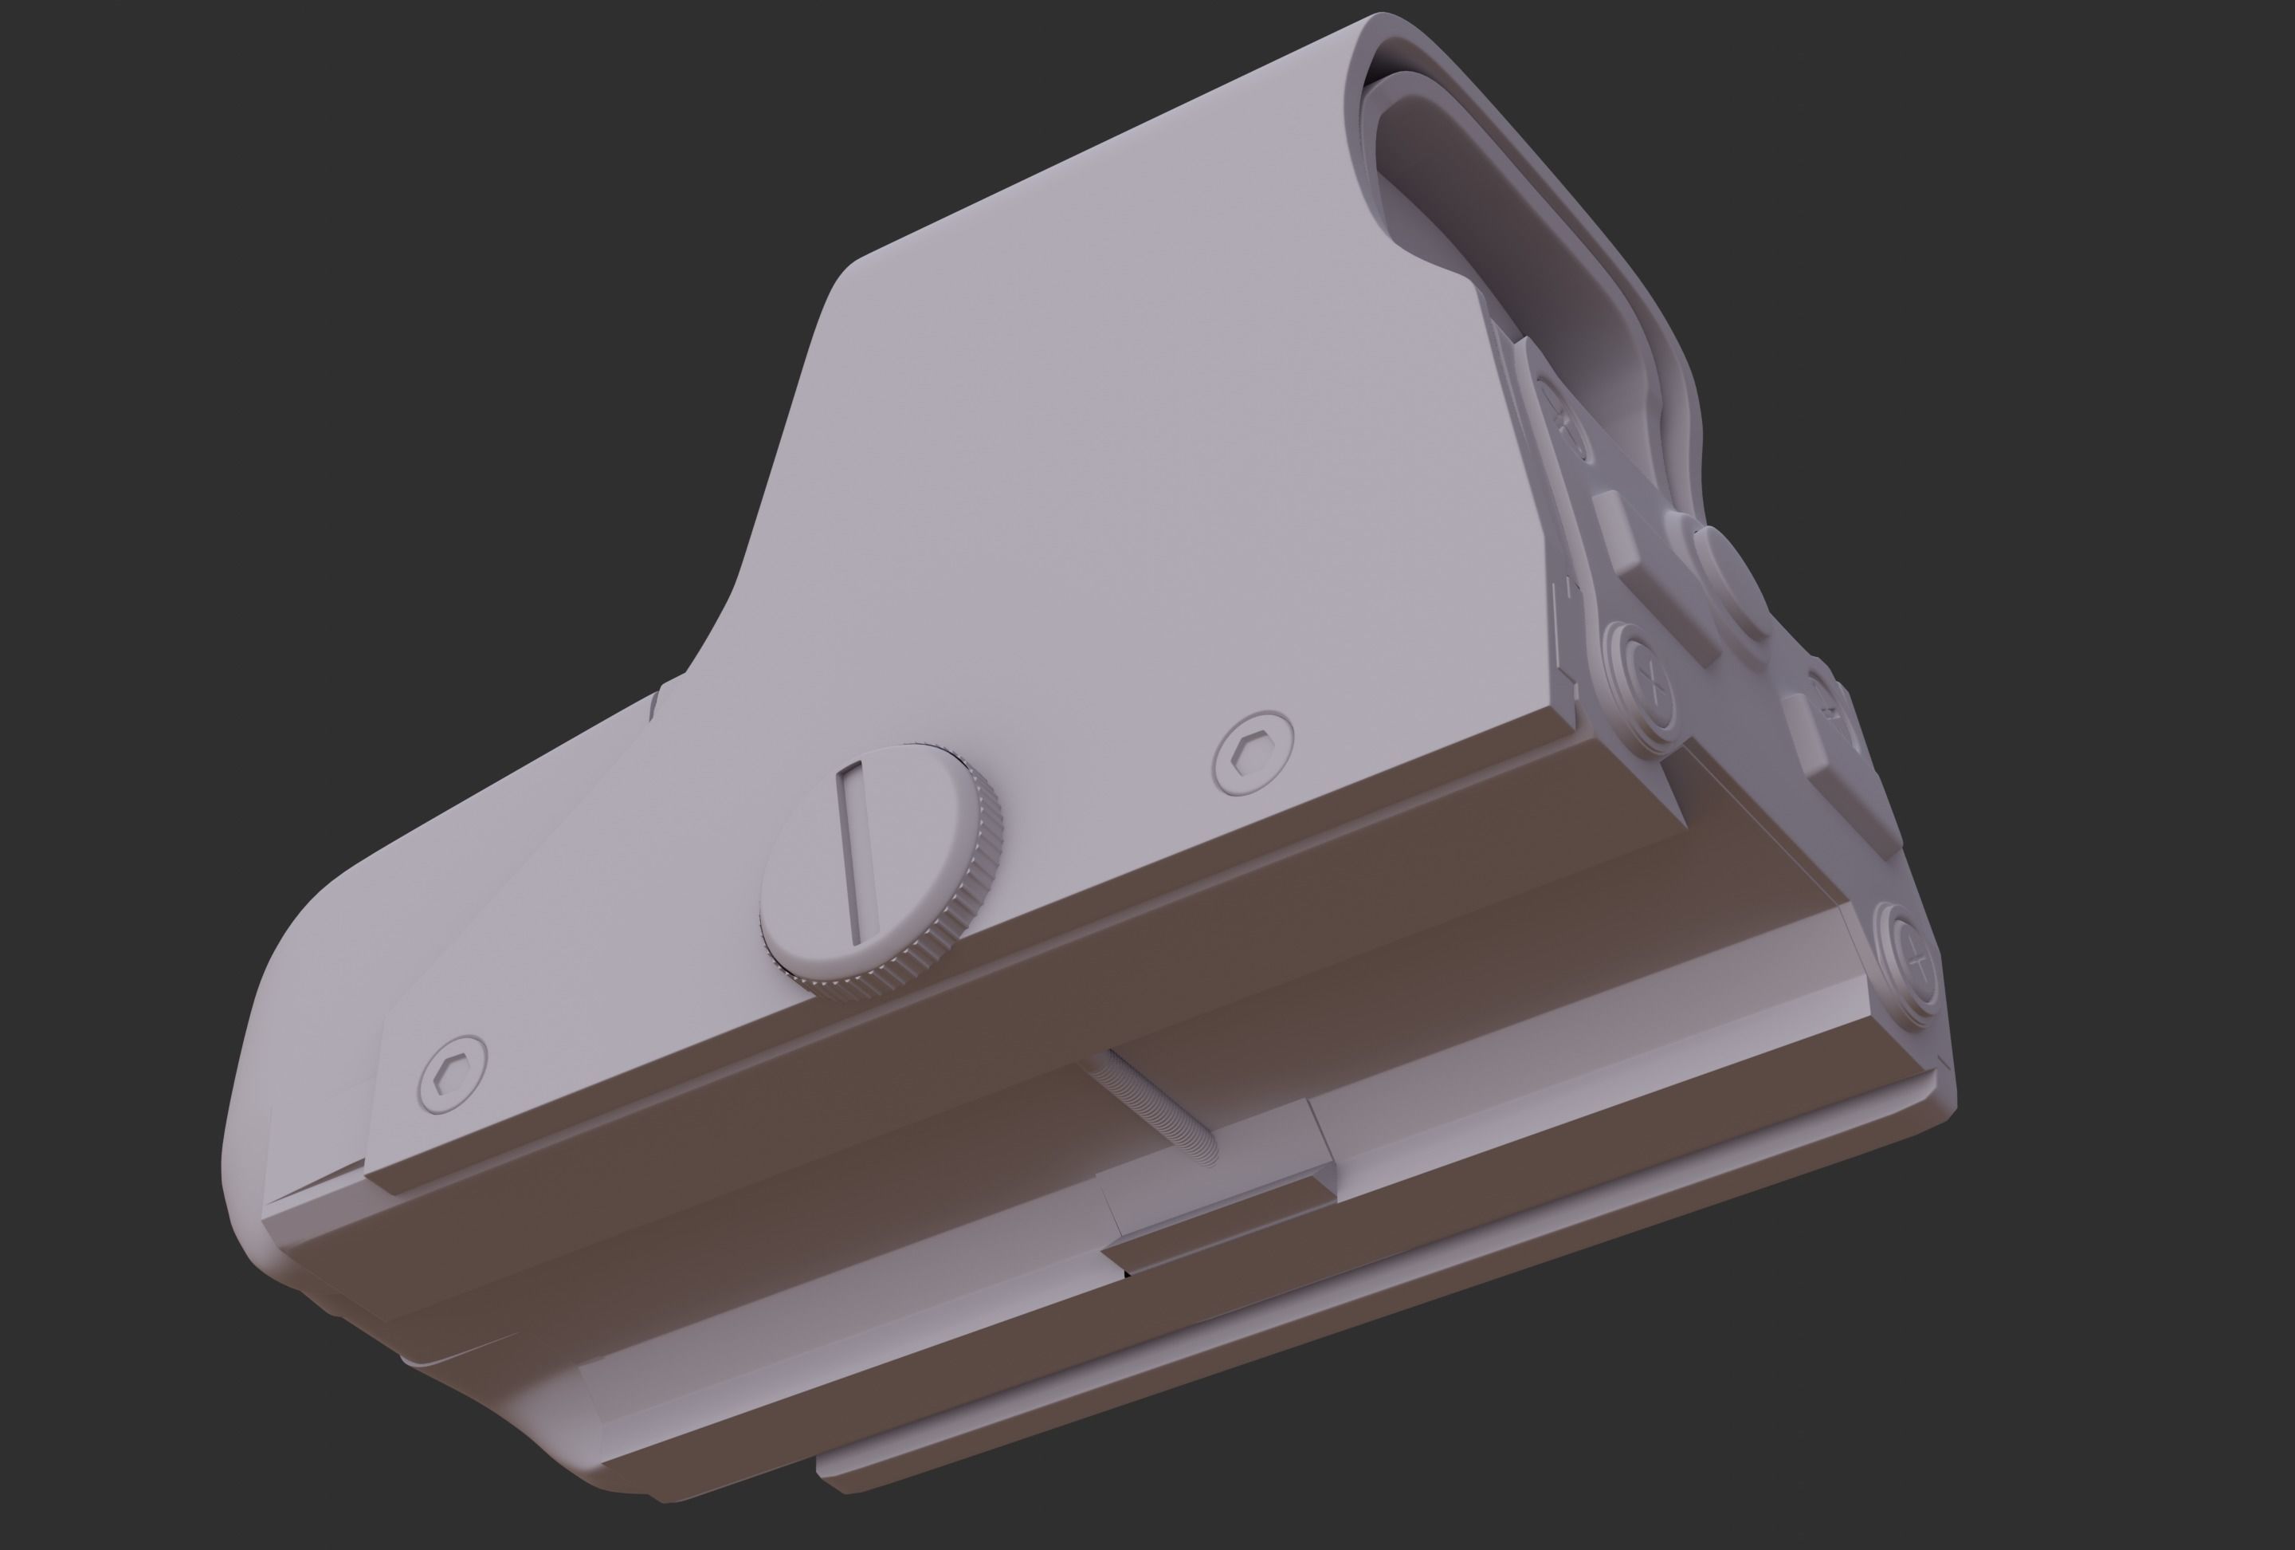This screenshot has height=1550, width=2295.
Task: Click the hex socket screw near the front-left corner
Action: click(x=453, y=1076)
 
